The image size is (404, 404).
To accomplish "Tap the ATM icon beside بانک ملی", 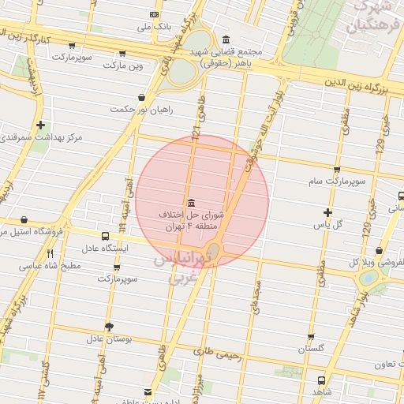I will tap(153, 15).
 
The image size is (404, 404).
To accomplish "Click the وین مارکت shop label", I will tap(125, 65).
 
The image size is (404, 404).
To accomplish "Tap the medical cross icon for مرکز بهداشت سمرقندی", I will tap(40, 125).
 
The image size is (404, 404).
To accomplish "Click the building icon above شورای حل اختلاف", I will tap(190, 202).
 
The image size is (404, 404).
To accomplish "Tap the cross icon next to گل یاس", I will tap(328, 211).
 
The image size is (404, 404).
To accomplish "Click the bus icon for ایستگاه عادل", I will tap(106, 235).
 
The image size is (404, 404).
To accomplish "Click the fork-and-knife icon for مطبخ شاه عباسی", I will tap(50, 253).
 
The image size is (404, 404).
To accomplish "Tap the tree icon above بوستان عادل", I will tap(109, 326).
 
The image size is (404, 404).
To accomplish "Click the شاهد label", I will tap(320, 392).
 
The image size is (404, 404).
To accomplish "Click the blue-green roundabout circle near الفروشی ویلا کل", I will tap(368, 278).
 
